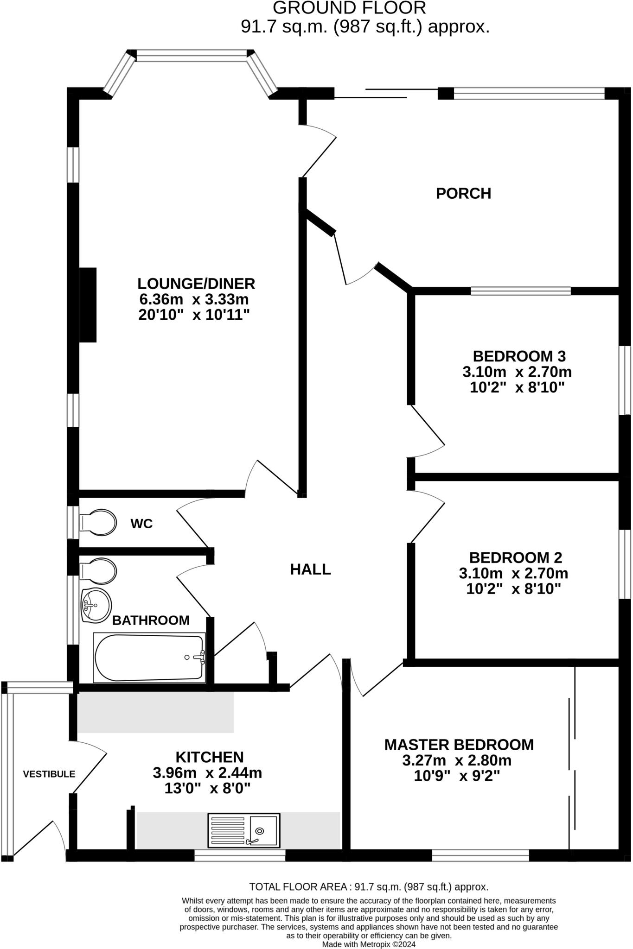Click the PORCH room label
463,193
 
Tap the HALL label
310,569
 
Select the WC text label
141,524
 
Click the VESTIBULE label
49,774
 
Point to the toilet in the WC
98,523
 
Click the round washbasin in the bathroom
96,605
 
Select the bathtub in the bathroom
149,658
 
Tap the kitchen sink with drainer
244,830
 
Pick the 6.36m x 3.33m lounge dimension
194,299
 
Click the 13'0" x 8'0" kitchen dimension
207,788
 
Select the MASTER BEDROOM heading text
459,745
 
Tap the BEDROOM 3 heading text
519,356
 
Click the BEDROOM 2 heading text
515,557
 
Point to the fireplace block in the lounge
88,305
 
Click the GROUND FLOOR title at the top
349,8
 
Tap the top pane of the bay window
191,56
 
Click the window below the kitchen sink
240,855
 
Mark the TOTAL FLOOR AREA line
369,886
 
